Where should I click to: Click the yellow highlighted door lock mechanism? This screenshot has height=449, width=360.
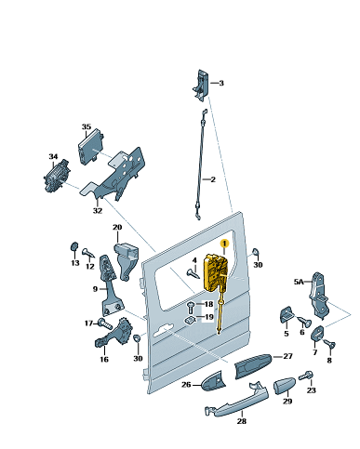[x=216, y=272]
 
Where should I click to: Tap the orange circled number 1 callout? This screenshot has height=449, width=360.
[x=224, y=244]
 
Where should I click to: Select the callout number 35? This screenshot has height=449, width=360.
[x=87, y=126]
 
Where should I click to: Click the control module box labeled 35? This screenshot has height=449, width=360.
[x=90, y=147]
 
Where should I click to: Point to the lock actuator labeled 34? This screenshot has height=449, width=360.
[x=57, y=176]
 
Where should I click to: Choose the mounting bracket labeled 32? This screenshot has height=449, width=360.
[x=115, y=175]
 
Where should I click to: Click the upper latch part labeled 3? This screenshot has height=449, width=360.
[x=201, y=85]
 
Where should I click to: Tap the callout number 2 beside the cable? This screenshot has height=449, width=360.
[x=213, y=179]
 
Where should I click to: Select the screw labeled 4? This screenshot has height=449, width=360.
[x=193, y=273]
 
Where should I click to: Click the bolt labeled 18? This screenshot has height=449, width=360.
[x=191, y=307]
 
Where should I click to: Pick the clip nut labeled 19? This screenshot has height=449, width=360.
[x=190, y=321]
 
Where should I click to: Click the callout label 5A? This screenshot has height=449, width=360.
[x=299, y=282]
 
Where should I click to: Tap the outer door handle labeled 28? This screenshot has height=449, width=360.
[x=236, y=400]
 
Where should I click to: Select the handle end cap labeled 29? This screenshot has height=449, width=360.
[x=284, y=386]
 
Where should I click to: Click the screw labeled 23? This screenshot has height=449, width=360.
[x=306, y=376]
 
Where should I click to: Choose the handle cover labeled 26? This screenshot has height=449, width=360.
[x=213, y=380]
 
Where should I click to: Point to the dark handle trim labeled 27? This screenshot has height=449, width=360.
[x=253, y=365]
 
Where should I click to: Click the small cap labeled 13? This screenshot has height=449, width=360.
[x=73, y=247]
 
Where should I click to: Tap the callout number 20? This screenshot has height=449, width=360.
[x=117, y=227]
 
